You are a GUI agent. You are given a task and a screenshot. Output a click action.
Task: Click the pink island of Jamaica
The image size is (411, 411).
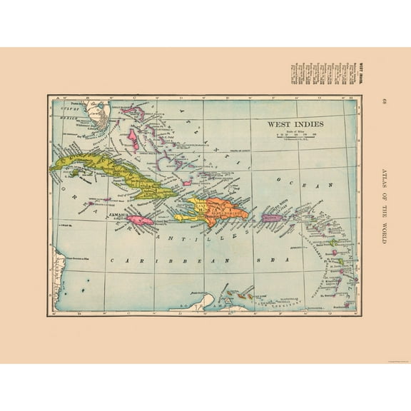coord(141,222)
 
